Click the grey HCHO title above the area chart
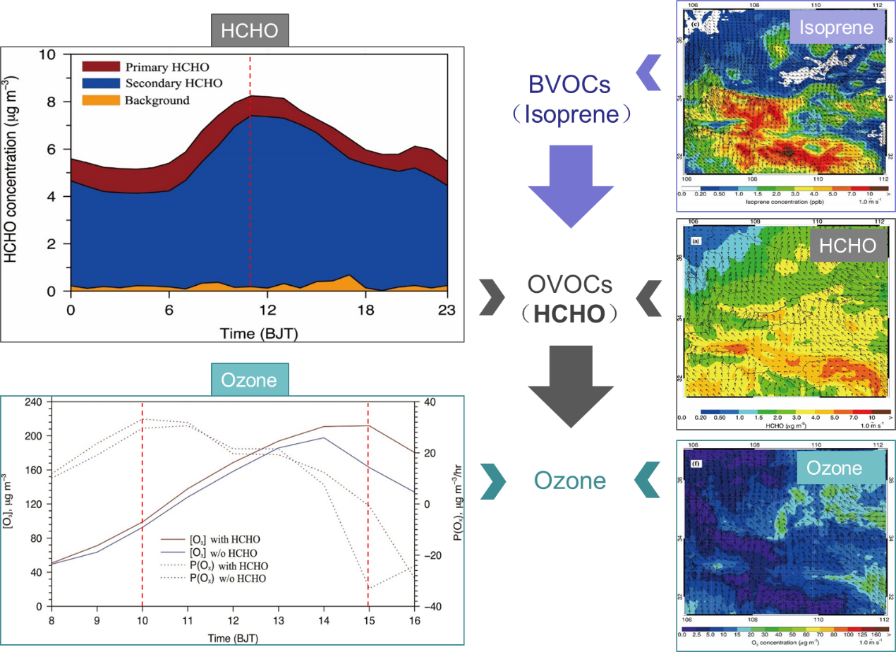(x=250, y=30)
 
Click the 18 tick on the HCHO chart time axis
(x=364, y=311)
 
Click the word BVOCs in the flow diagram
(x=569, y=85)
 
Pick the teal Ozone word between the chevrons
(x=569, y=481)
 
